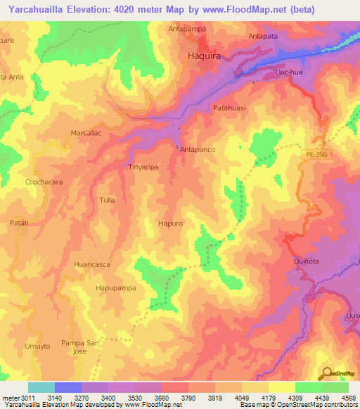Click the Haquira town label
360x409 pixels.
(x=205, y=54)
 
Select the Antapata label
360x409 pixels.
(x=265, y=36)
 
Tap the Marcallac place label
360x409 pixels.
(x=87, y=132)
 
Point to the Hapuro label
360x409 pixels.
(x=171, y=223)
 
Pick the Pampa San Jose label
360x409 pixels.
(x=84, y=346)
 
